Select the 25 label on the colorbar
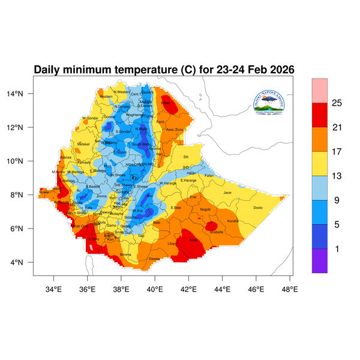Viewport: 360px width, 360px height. (337, 103)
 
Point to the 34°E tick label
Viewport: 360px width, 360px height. (55, 289)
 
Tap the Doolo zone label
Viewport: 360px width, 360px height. (259, 208)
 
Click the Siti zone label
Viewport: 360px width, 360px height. (185, 157)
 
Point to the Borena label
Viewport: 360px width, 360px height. (125, 254)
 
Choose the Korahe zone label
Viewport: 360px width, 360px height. (233, 221)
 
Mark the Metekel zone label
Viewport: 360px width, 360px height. (83, 144)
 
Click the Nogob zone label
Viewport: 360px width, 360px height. (206, 209)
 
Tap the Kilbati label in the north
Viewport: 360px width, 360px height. (166, 103)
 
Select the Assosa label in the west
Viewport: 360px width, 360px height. (66, 157)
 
